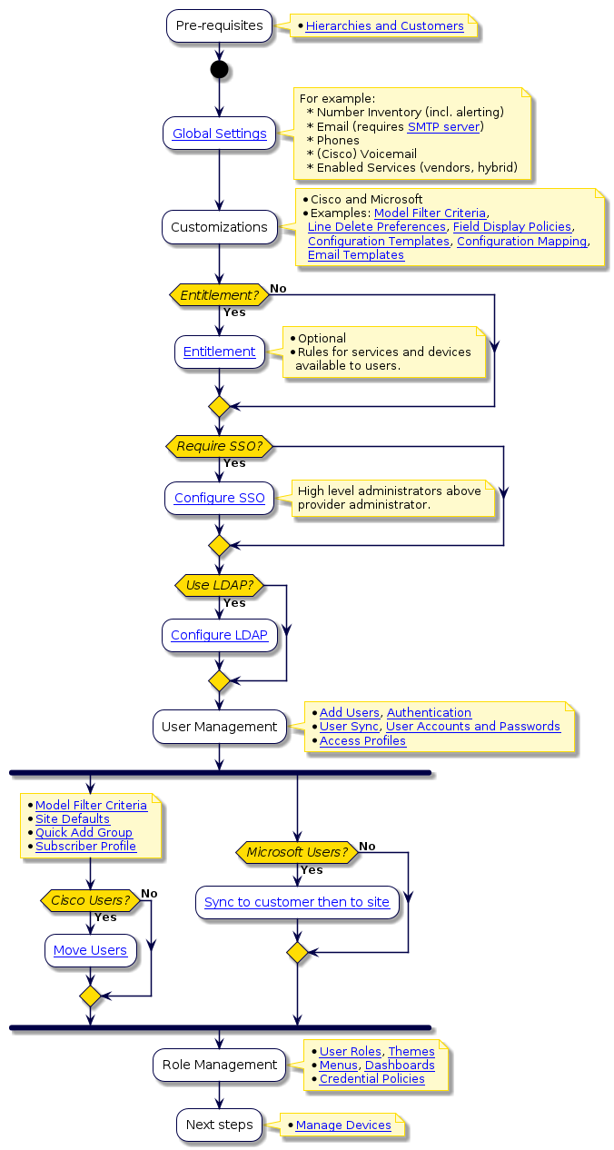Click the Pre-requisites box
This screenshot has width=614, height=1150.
(x=219, y=26)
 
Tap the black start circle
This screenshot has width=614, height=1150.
(x=219, y=70)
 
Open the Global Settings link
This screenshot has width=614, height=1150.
(x=219, y=134)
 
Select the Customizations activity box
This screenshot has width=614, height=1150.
(x=219, y=227)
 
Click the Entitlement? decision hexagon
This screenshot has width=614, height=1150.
(x=219, y=295)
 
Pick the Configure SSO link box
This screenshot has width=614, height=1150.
(x=219, y=498)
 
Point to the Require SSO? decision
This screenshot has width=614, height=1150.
(x=219, y=446)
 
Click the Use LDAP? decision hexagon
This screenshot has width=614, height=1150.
(x=219, y=585)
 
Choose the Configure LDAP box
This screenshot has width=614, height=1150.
(x=219, y=635)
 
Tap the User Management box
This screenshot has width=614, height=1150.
(x=219, y=727)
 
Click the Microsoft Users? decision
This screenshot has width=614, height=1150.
(x=297, y=852)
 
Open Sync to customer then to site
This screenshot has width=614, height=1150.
(x=297, y=902)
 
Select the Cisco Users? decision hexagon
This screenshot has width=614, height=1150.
(x=90, y=900)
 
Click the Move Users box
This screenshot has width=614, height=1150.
(x=90, y=950)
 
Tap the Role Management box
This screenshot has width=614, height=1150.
(x=219, y=1065)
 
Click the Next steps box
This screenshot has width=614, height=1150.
(x=219, y=1125)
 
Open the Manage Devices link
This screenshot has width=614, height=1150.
(x=343, y=1125)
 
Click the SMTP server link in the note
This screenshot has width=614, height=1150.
(x=443, y=126)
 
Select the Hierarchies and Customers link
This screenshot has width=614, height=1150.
(x=384, y=26)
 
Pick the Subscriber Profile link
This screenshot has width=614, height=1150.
(x=85, y=847)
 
